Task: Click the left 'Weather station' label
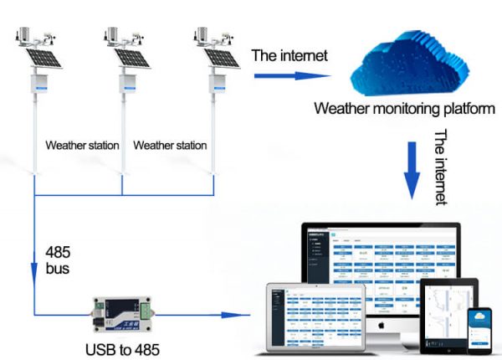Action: [82, 145]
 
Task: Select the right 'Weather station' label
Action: [170, 145]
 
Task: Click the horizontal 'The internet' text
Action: [290, 56]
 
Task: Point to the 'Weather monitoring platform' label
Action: [404, 109]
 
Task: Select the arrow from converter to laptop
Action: [205, 316]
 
